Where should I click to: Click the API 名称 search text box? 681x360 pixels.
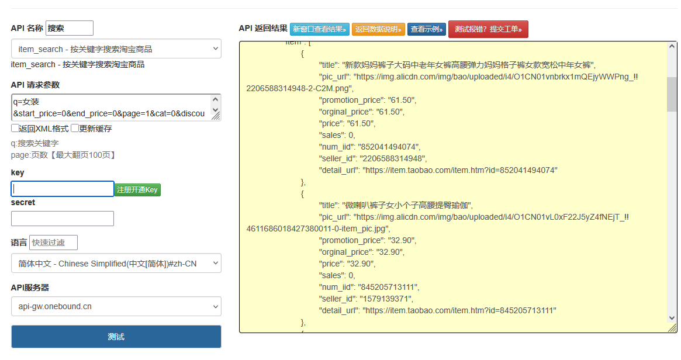tap(69, 28)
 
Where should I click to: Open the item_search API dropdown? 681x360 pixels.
tap(116, 49)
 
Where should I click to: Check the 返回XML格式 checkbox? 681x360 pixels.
tap(15, 129)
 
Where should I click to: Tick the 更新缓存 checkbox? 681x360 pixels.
tap(75, 129)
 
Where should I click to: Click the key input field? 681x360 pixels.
tap(63, 189)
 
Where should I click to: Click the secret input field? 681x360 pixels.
tap(63, 219)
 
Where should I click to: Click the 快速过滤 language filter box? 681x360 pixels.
tap(53, 243)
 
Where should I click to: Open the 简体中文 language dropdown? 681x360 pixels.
tap(116, 264)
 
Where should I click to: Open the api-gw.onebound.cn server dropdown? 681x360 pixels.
tap(116, 306)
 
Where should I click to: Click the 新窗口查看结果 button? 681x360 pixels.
tap(319, 29)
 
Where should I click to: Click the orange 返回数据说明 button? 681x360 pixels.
tap(378, 29)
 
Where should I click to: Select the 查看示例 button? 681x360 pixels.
tap(427, 29)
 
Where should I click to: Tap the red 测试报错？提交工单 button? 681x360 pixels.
tap(488, 29)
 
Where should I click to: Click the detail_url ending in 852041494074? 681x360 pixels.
tap(459, 170)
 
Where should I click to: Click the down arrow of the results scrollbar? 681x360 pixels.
tap(672, 317)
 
